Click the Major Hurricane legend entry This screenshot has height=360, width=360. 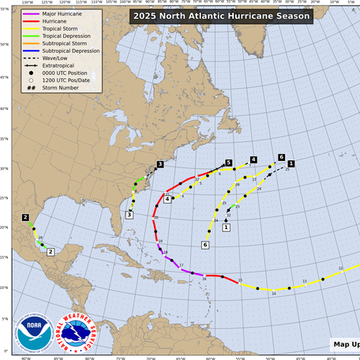click(47, 13)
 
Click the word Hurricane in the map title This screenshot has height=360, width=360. click(242, 15)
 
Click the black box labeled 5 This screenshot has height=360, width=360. click(228, 163)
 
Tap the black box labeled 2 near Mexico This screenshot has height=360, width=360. click(26, 217)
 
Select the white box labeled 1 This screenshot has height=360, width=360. click(226, 227)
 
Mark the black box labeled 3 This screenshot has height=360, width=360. click(159, 164)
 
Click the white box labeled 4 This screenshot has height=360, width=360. click(167, 199)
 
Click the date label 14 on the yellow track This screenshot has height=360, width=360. click(274, 293)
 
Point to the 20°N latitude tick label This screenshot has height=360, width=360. click(4, 227)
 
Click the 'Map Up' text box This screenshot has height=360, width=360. click(345, 344)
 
